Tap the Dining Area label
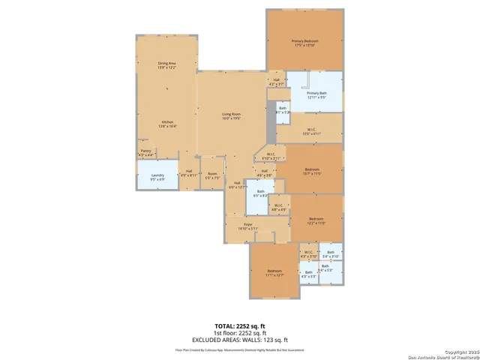point(166,65)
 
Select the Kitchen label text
point(166,125)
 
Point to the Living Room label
point(230,116)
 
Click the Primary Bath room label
point(316,94)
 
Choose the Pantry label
point(145,153)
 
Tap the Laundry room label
point(157,177)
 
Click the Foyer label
point(248,226)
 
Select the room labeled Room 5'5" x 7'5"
point(213,177)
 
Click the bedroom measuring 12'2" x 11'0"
point(316,221)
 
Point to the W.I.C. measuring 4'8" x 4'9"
point(277,207)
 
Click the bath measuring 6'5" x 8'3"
point(261,193)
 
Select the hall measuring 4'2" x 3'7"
point(276,82)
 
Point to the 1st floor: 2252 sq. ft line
point(240,333)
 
